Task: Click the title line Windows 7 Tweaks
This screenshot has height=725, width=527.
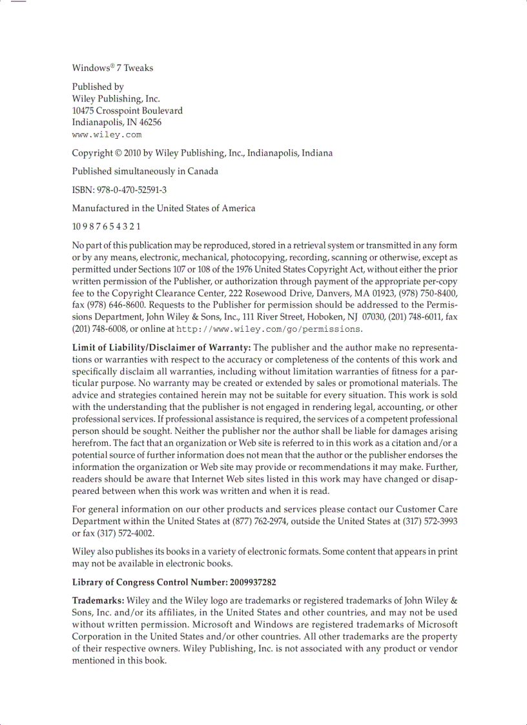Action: tap(112, 68)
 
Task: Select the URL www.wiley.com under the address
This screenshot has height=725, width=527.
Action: tap(107, 135)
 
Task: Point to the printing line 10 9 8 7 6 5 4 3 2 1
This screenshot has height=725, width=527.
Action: tap(106, 227)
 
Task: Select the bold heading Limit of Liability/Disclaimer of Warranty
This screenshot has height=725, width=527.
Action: tap(161, 348)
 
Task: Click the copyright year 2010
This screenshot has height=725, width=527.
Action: tap(132, 153)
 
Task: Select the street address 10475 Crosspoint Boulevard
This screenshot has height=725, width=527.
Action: tap(127, 110)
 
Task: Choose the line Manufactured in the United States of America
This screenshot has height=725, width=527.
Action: tap(163, 208)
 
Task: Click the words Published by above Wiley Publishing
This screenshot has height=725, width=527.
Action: tap(98, 87)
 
